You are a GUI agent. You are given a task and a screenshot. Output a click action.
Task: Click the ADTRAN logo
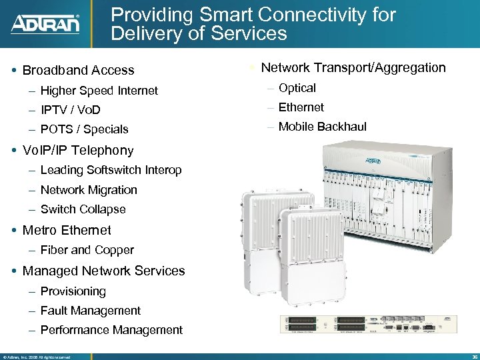point(45,24)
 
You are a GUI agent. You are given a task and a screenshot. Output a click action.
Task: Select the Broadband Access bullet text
point(78,70)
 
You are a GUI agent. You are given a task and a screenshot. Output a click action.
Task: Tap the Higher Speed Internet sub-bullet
point(99,91)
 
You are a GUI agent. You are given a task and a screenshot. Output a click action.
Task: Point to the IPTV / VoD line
point(70,110)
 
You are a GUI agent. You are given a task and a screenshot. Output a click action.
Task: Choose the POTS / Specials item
point(84,129)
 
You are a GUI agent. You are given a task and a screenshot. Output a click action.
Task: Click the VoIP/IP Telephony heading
point(78,151)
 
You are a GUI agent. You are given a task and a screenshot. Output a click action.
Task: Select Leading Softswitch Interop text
point(111,171)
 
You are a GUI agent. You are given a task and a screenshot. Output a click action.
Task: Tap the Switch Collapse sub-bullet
point(83,209)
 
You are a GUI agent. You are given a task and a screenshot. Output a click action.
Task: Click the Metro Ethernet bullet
point(67,231)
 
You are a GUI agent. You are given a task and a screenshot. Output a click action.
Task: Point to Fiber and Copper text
point(87,251)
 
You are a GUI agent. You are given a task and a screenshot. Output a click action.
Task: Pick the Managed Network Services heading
point(103,271)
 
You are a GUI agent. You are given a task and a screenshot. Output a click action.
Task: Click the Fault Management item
point(90,311)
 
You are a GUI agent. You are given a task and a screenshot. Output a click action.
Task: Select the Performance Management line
point(111,330)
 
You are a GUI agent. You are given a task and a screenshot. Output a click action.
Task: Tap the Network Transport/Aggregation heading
point(353,67)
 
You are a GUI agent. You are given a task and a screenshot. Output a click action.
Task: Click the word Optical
point(297,88)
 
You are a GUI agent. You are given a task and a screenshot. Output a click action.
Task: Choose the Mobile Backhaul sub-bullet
point(322,127)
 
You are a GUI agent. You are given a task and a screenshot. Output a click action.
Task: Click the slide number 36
point(473,357)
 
